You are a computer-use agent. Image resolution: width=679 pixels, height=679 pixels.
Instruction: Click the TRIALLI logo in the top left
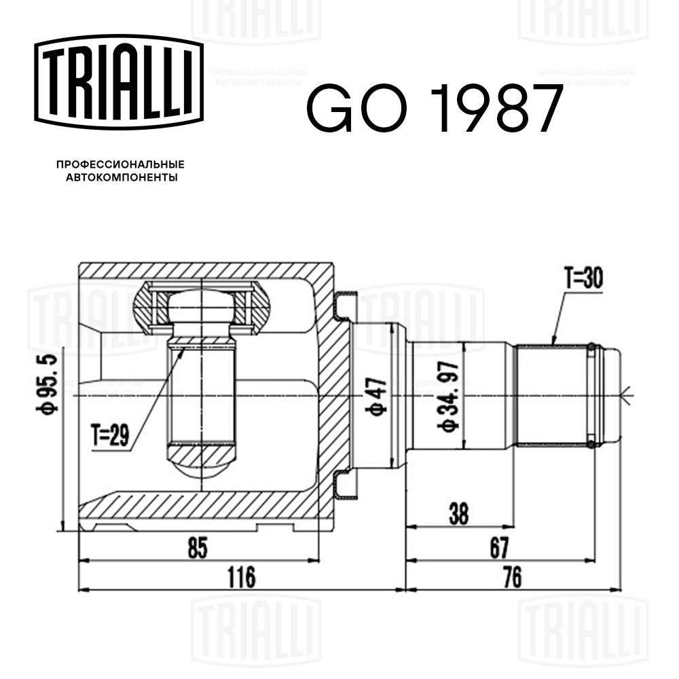click(119, 80)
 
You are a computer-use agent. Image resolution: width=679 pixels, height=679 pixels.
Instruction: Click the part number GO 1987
click(435, 108)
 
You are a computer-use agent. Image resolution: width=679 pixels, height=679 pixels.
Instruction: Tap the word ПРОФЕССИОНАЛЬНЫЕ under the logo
click(120, 164)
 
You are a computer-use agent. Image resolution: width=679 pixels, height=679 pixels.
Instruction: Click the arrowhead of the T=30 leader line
click(553, 344)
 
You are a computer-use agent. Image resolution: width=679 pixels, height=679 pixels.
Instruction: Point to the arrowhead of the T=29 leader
click(181, 350)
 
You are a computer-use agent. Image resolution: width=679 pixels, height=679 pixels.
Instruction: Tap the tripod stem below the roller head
click(202, 394)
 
